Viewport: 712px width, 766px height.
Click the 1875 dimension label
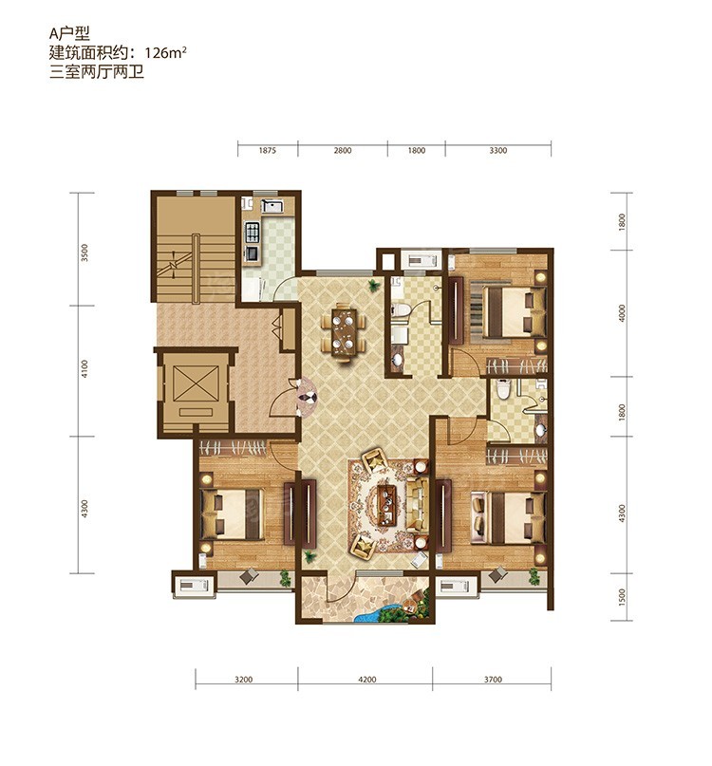[x=268, y=151]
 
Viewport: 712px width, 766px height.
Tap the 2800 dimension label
[x=343, y=151]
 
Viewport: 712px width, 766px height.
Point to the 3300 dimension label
[x=498, y=151]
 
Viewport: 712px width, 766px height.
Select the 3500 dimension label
[x=85, y=253]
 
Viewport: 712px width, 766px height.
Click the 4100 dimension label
[x=85, y=369]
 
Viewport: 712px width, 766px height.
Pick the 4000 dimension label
[x=622, y=313]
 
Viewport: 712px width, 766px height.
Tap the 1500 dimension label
[x=622, y=597]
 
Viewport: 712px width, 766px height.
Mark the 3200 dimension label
[x=243, y=679]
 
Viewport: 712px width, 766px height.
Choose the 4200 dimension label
[x=367, y=679]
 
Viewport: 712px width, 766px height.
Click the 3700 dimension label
[x=493, y=679]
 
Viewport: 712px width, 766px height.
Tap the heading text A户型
[x=69, y=33]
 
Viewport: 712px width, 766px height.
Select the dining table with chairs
[x=344, y=332]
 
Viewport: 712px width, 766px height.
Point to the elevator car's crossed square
[x=196, y=383]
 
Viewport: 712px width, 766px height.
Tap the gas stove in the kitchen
[x=253, y=233]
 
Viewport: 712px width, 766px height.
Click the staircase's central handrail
[x=196, y=270]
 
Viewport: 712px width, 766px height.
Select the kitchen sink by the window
[x=272, y=206]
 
